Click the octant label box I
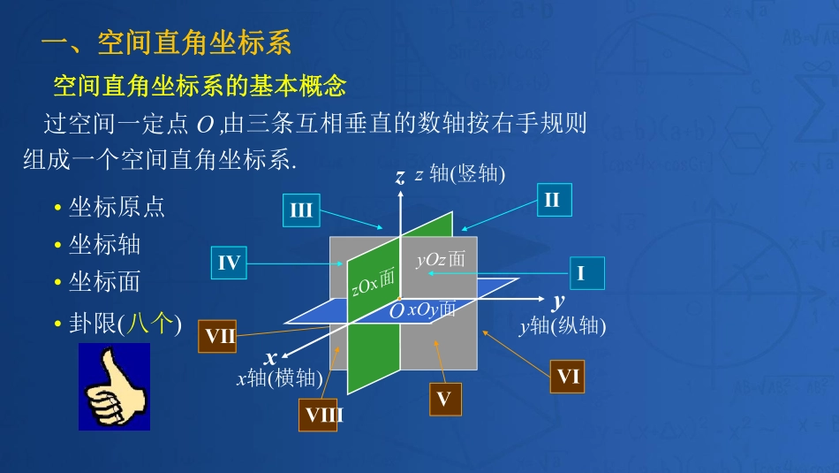tap(580, 273)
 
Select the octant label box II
tap(552, 200)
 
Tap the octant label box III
tap(301, 210)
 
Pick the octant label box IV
tap(229, 263)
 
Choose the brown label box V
tap(443, 400)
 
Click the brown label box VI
tap(567, 378)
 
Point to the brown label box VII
tap(220, 336)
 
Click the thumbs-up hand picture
tap(114, 387)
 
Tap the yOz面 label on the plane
tap(440, 259)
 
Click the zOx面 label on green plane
tap(373, 280)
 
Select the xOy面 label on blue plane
tap(431, 309)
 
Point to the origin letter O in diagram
tap(397, 310)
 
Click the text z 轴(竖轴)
tap(460, 174)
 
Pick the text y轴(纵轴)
tap(563, 326)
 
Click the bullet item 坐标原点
tap(117, 207)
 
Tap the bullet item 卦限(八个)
tap(125, 324)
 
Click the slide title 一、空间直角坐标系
tap(167, 42)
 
